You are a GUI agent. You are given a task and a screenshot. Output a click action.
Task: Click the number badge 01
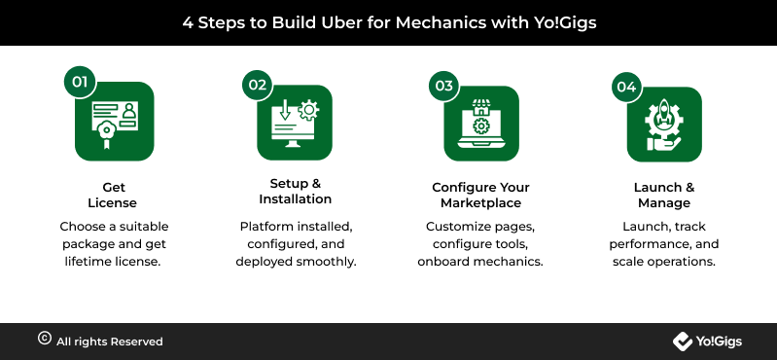[x=80, y=82]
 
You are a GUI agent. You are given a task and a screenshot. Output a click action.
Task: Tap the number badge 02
[x=257, y=85]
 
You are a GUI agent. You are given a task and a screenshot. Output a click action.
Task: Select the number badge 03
[x=444, y=86]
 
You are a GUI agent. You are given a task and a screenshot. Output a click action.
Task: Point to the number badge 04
[x=626, y=87]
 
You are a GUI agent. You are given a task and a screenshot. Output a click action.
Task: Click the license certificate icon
[x=115, y=125]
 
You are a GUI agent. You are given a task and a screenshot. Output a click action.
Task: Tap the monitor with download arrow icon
[x=295, y=124]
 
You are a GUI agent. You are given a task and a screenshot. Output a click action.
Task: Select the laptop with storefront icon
[x=480, y=124]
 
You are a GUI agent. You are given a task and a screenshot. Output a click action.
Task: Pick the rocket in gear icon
[x=664, y=125]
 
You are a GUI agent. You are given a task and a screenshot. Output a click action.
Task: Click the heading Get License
[x=113, y=195]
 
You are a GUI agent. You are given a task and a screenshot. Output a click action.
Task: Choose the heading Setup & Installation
[x=295, y=192]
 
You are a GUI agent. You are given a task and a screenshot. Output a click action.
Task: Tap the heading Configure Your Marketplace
[x=480, y=195]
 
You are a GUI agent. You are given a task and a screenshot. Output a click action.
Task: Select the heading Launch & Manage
[x=664, y=195]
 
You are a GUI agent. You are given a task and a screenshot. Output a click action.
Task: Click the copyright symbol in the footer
[x=45, y=339]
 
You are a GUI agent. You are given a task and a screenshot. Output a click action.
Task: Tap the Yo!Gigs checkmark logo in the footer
[x=683, y=342]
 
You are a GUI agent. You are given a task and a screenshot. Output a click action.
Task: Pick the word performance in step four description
[x=651, y=244]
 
